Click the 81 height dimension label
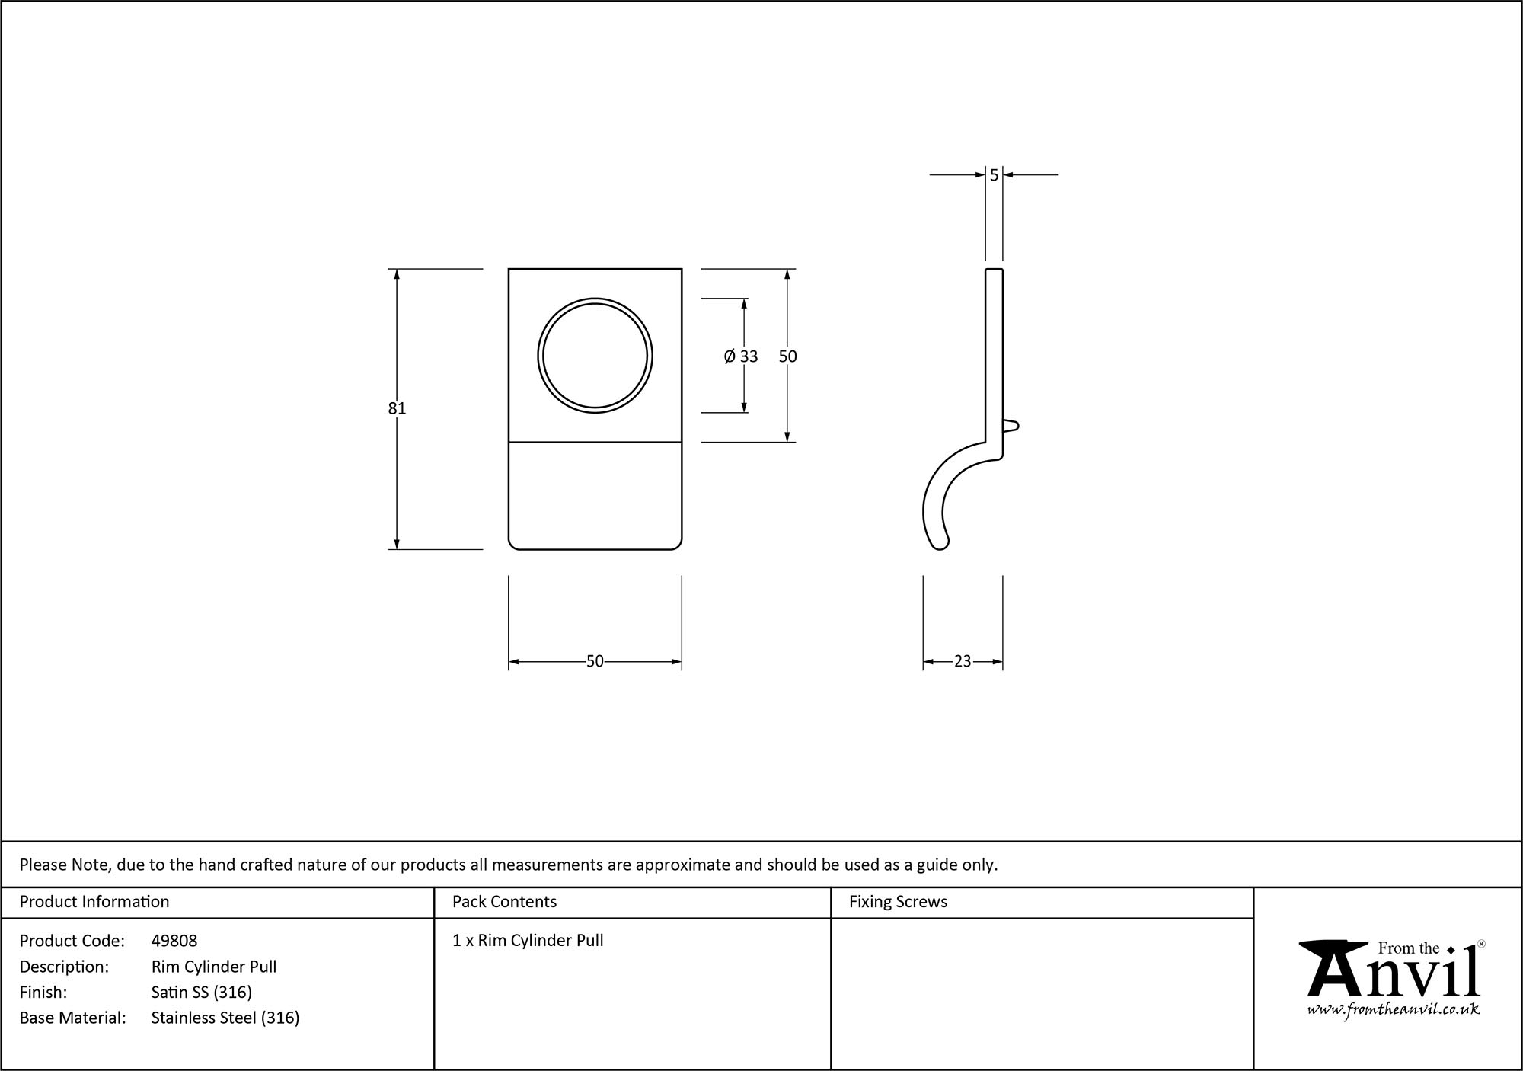pyautogui.click(x=397, y=408)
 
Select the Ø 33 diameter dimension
pyautogui.click(x=741, y=356)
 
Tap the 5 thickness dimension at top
pyautogui.click(x=994, y=175)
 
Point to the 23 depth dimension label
pyautogui.click(x=963, y=661)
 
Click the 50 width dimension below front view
pyautogui.click(x=595, y=661)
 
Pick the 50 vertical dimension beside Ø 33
pyautogui.click(x=787, y=356)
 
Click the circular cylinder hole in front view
pyautogui.click(x=595, y=356)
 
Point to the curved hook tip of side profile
pyautogui.click(x=940, y=542)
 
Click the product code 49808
pyautogui.click(x=174, y=941)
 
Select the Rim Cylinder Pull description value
pyautogui.click(x=214, y=967)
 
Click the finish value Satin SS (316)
pyautogui.click(x=202, y=992)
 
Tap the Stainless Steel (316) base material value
pyautogui.click(x=225, y=1018)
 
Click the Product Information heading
pyautogui.click(x=94, y=902)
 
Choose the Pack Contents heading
pyautogui.click(x=504, y=902)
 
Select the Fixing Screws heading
pyautogui.click(x=898, y=902)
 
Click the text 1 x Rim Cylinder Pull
pyautogui.click(x=528, y=941)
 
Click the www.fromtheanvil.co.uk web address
pyautogui.click(x=1394, y=1010)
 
